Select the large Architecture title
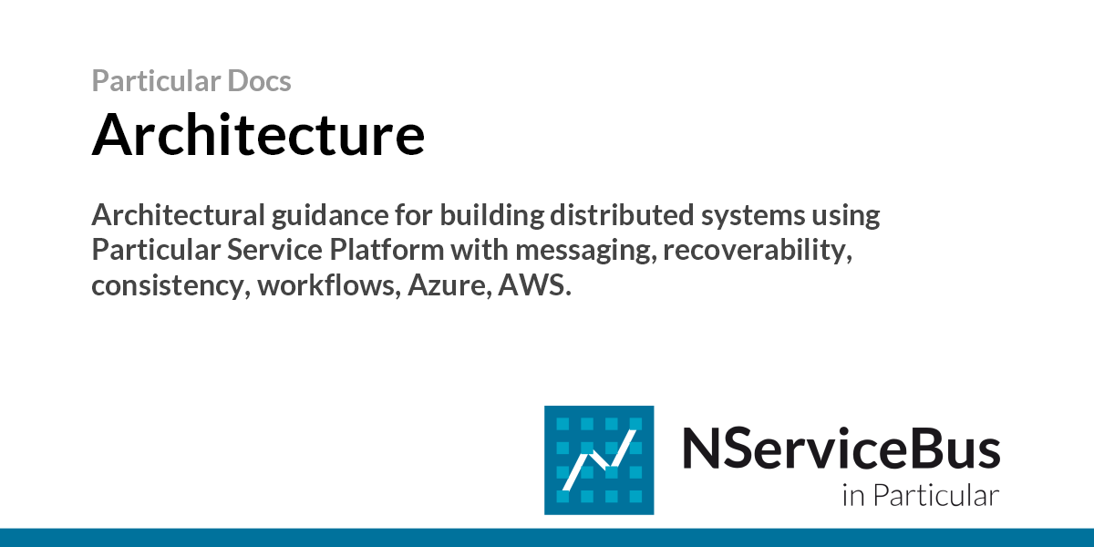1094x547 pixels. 258,134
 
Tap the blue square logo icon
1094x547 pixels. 599,460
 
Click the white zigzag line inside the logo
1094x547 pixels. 599,460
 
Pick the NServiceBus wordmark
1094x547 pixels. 841,449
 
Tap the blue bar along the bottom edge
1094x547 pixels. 547,537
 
